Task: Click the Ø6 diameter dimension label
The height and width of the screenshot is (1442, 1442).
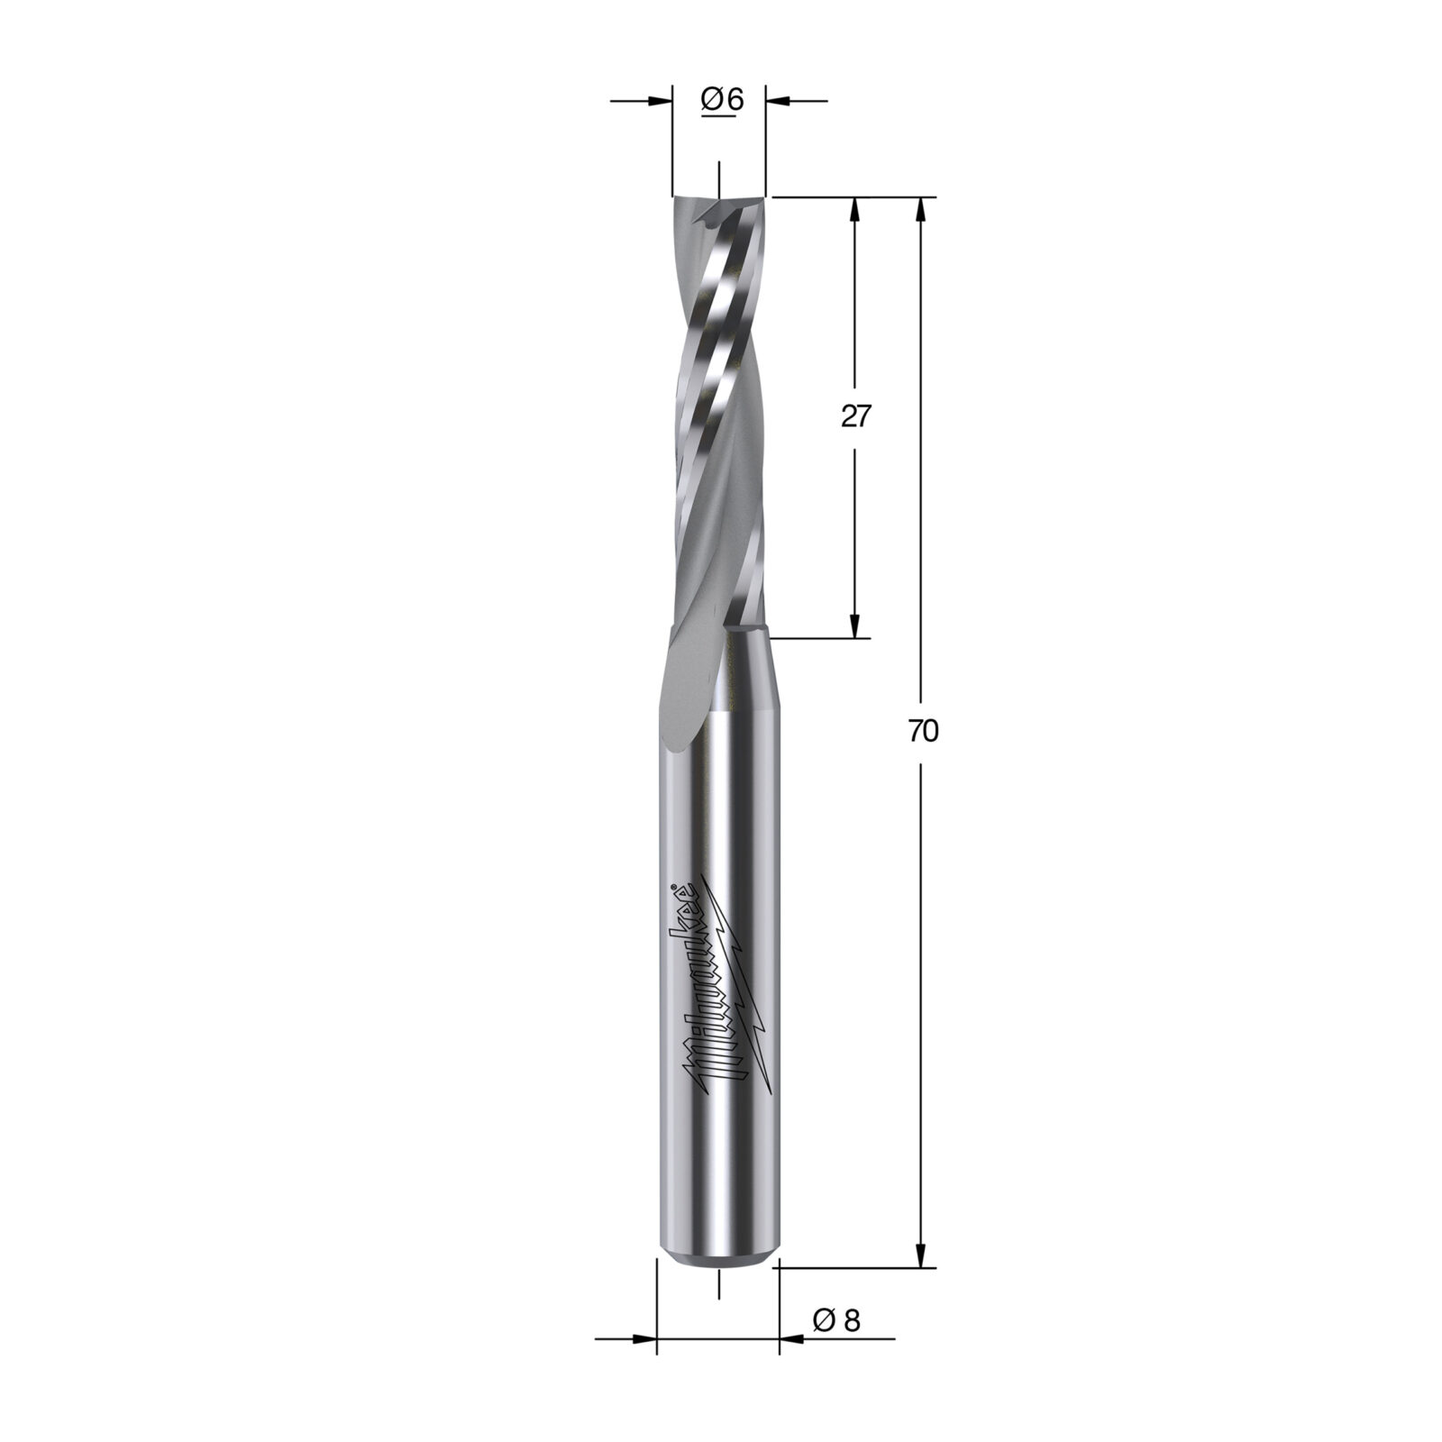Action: coord(722,101)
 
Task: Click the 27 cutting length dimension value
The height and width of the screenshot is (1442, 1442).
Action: coord(857,416)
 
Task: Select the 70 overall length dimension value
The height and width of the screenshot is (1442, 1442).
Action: coord(924,732)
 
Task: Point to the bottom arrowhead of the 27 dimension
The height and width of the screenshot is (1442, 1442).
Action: coord(855,625)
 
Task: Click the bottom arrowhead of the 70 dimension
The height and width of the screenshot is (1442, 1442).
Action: coord(920,1252)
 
